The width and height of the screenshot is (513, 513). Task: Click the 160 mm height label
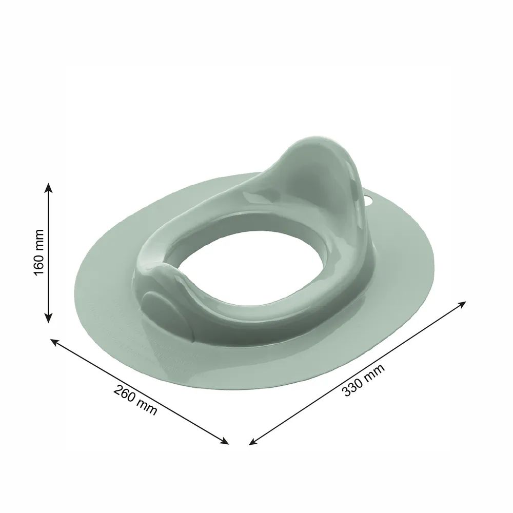tap(38, 252)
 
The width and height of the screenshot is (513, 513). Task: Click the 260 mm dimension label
tap(135, 400)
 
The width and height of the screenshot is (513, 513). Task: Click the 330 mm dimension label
tap(363, 380)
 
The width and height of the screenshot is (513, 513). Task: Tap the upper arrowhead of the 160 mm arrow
tap(48, 188)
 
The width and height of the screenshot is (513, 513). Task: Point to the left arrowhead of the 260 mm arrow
tap(54, 342)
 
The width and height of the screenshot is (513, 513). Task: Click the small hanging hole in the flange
tap(369, 199)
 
